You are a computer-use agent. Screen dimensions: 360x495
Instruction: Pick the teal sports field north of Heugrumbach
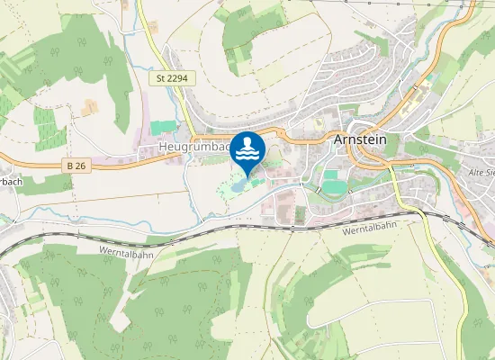163,129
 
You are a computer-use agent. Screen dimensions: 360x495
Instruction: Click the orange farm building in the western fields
90,108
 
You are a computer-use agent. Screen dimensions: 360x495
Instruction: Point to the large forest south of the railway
171,297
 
